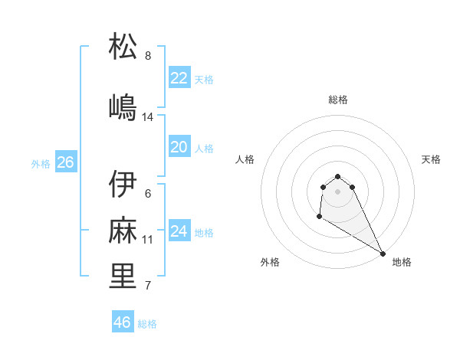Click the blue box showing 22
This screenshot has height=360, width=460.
click(179, 78)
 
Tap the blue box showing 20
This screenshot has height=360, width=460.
click(179, 147)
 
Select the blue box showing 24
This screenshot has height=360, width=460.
click(179, 231)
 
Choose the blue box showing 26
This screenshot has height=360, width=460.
click(65, 162)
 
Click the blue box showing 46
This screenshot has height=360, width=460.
click(123, 322)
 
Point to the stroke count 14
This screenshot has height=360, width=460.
click(148, 117)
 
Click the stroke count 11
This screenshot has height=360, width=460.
click(148, 240)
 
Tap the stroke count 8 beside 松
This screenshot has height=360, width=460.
click(148, 55)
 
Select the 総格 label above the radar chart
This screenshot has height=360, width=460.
click(338, 100)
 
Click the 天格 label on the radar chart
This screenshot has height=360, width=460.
click(431, 159)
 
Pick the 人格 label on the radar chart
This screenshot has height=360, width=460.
click(245, 159)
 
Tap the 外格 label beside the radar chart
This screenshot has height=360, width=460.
click(270, 262)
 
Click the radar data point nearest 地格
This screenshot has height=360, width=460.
click(383, 254)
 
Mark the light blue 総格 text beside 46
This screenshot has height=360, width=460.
click(147, 324)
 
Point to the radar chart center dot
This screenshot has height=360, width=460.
click(338, 191)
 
